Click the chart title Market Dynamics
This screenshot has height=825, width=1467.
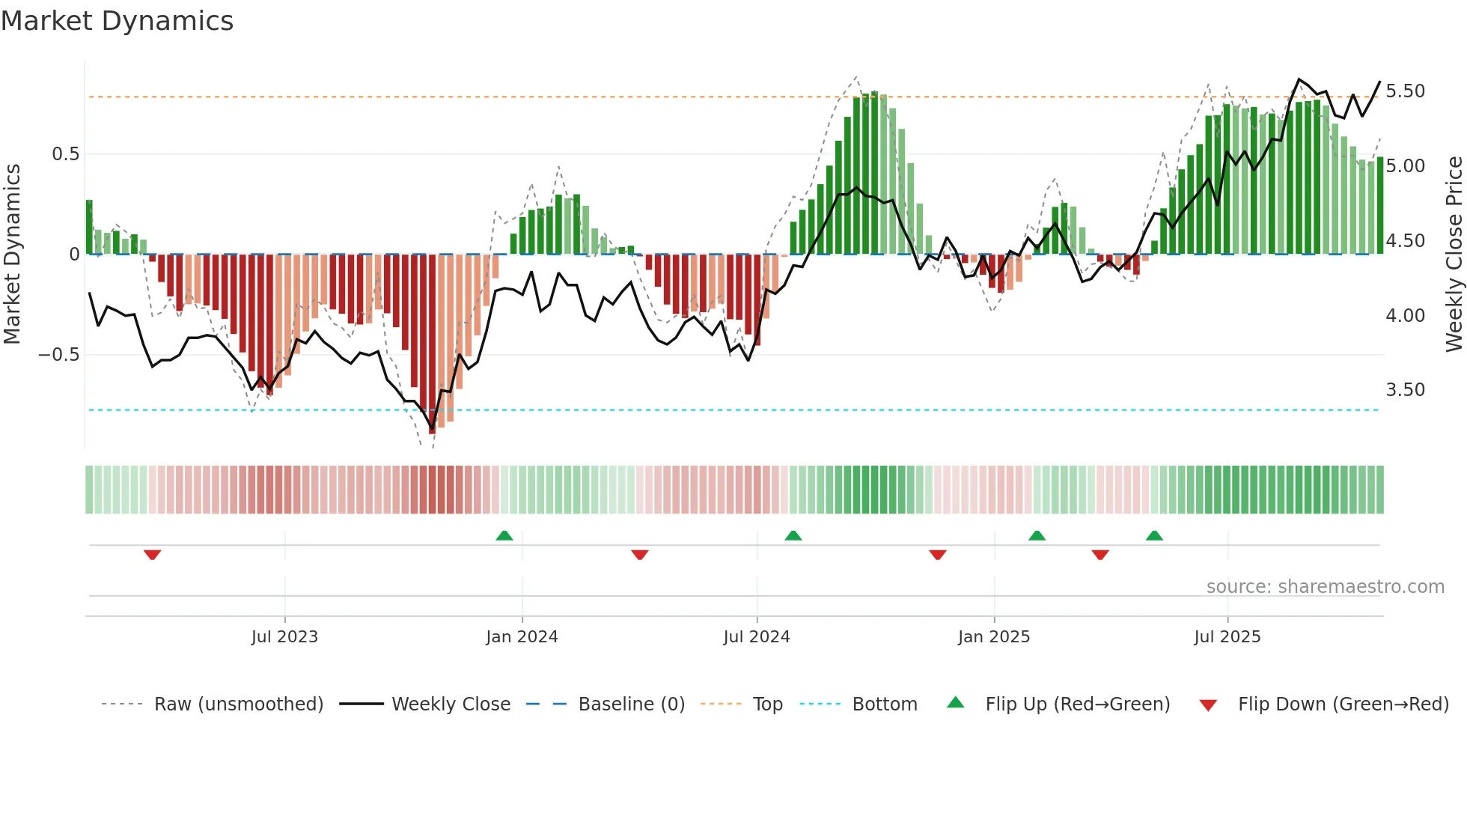118,21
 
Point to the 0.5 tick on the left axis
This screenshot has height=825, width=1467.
65,154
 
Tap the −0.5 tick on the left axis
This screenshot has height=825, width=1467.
59,355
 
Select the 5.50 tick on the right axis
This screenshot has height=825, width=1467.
1405,91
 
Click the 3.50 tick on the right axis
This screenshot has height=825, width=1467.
1405,390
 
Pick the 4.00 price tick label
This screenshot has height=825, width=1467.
1405,316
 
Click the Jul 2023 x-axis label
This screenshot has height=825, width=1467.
284,637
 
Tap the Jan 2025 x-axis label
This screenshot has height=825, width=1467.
993,637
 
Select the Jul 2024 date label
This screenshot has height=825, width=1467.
756,637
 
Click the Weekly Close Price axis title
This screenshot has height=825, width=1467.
1454,255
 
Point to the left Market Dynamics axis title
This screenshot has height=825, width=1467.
12,255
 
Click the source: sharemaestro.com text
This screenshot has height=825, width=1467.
1325,587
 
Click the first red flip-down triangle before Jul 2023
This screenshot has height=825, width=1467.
152,555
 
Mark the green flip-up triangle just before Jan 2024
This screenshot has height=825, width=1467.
504,535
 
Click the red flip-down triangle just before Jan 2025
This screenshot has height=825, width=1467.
938,555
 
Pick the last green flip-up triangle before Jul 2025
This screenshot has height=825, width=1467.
1154,535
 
